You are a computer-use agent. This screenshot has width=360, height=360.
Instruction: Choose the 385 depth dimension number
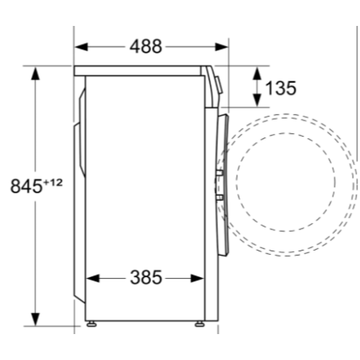pyautogui.click(x=146, y=277)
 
